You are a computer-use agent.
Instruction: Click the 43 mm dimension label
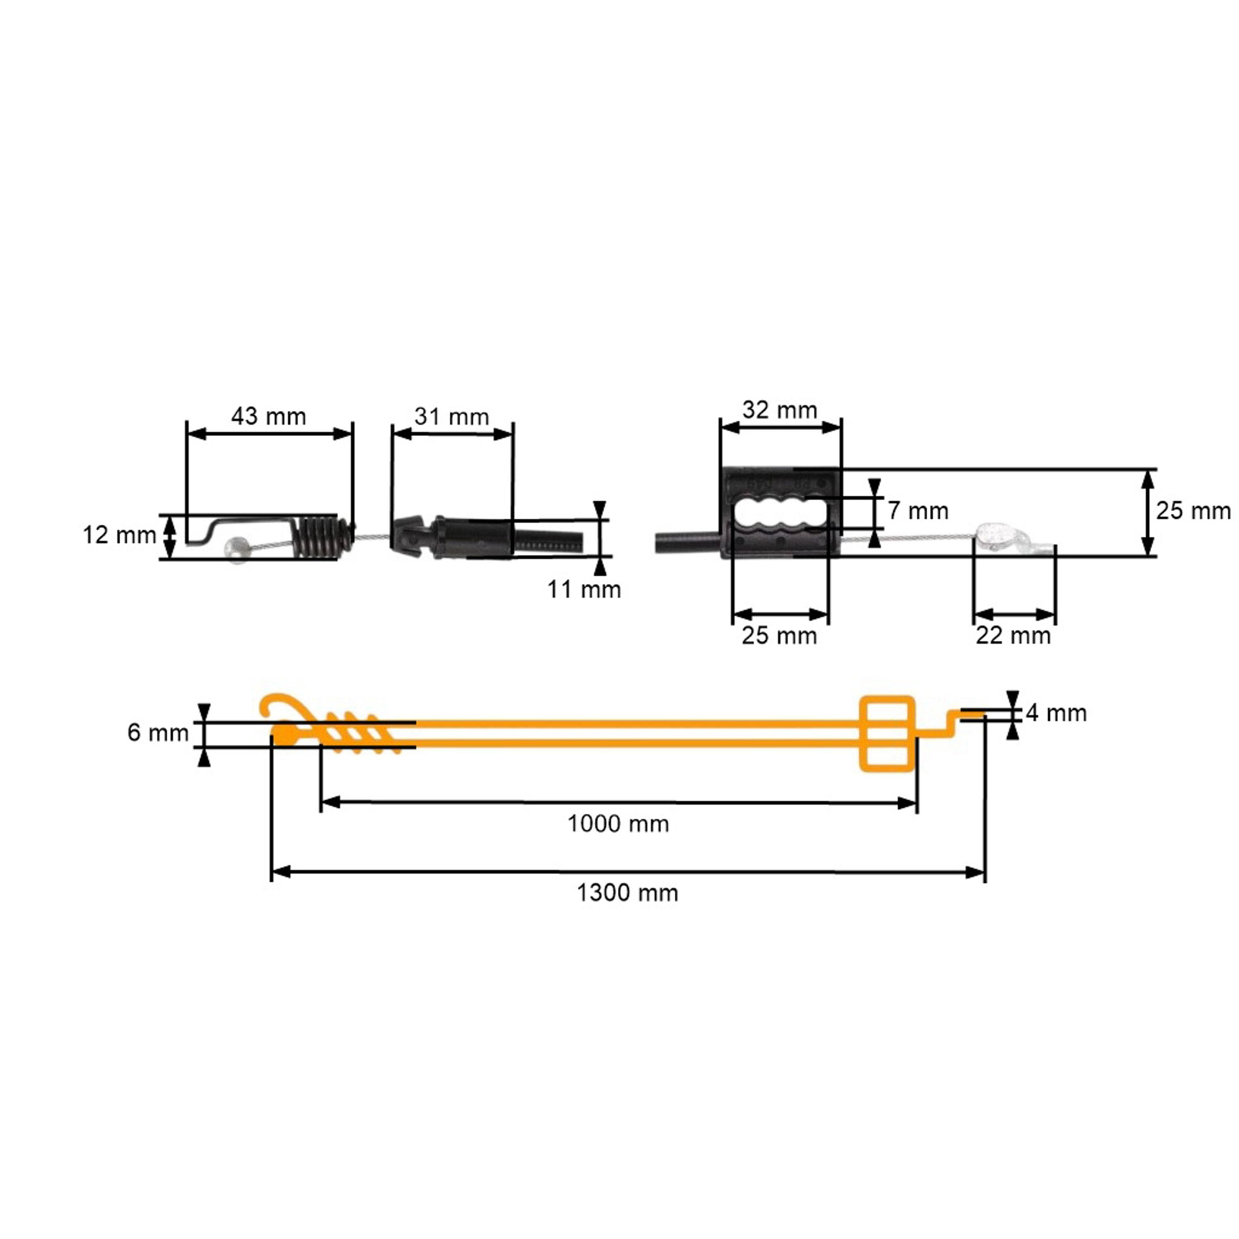click(x=269, y=416)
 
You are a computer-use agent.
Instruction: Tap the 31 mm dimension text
click(x=451, y=416)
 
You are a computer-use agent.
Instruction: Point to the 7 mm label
click(x=918, y=511)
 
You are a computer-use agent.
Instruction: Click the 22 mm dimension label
click(x=1013, y=636)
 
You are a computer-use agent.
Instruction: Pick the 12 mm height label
click(x=119, y=535)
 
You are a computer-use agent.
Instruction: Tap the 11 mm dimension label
click(x=584, y=589)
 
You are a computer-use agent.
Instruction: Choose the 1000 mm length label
click(x=618, y=824)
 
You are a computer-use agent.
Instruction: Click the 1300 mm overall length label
click(x=627, y=892)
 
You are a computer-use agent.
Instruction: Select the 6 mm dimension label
click(x=158, y=732)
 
